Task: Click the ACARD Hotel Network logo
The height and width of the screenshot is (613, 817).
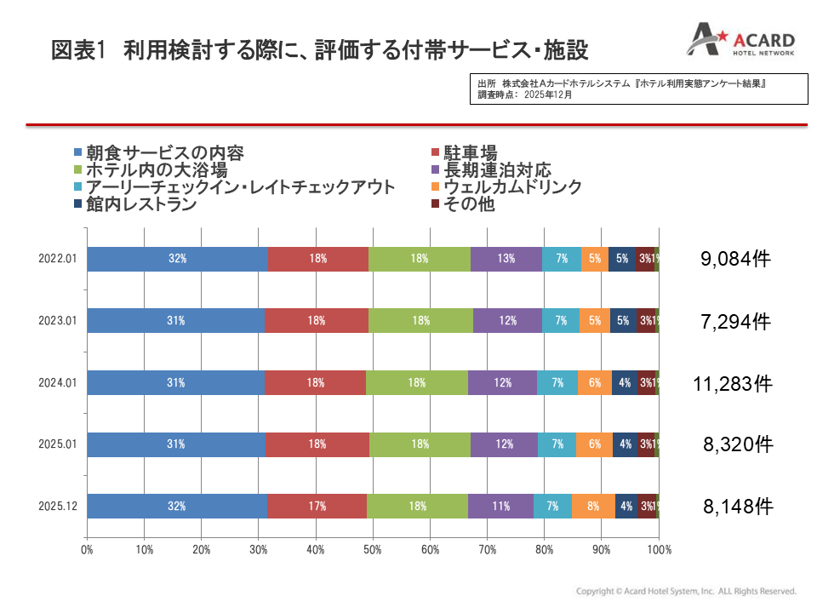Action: click(x=740, y=43)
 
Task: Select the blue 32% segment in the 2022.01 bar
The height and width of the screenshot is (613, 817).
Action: click(x=177, y=259)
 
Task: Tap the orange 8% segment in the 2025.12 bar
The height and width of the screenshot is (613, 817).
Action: click(x=592, y=506)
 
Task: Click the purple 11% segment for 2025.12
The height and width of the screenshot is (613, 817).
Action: click(x=500, y=506)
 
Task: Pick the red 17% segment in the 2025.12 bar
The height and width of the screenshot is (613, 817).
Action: click(x=317, y=506)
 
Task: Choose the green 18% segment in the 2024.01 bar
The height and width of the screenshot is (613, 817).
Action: click(x=417, y=383)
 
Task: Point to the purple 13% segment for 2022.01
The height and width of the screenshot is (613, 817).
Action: click(x=506, y=259)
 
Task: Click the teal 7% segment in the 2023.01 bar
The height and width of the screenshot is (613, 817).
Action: click(x=561, y=321)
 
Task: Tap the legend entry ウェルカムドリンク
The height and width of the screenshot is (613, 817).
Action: click(x=506, y=186)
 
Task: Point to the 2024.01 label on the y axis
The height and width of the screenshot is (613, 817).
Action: click(x=58, y=383)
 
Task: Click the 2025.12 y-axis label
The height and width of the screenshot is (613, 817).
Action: click(x=58, y=506)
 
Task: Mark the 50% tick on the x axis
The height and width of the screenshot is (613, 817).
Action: click(x=373, y=550)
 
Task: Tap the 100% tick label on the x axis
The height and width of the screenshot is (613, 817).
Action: click(x=660, y=550)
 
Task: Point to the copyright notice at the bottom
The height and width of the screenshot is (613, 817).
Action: click(x=686, y=591)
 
